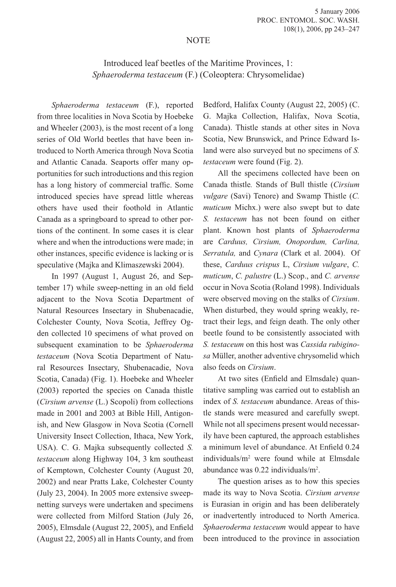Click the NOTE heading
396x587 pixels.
[x=198, y=40]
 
